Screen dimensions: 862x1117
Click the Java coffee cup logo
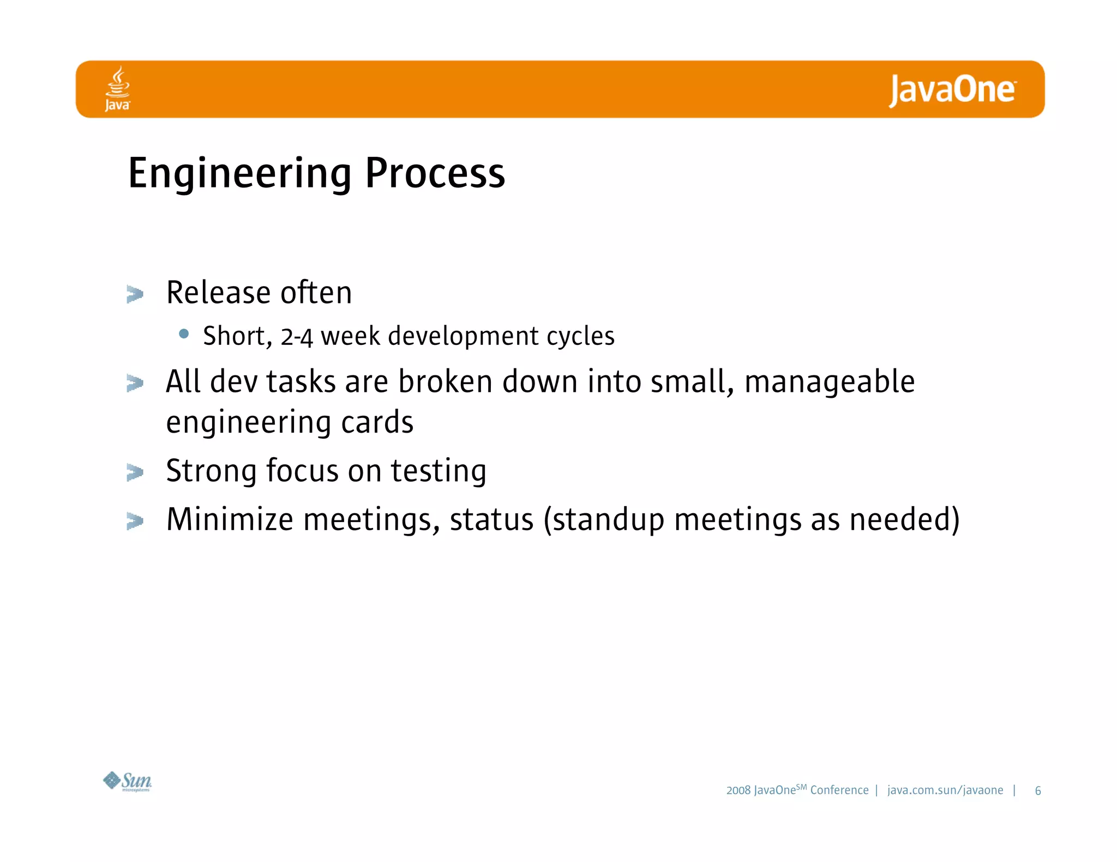pos(118,88)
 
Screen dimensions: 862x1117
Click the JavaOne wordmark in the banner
pos(952,90)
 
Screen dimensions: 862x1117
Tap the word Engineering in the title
pos(239,173)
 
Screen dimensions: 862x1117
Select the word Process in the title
pos(435,173)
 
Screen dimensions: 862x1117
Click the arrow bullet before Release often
pos(135,294)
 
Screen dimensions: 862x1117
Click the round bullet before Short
pos(184,333)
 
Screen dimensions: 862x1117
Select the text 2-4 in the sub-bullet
pos(297,336)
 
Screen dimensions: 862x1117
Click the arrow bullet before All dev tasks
pos(135,383)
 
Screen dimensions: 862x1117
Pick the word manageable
pos(829,382)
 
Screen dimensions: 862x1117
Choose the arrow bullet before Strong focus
pos(135,472)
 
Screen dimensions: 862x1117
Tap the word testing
pos(438,471)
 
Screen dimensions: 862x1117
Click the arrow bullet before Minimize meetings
pos(135,521)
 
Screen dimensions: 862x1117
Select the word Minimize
pos(230,519)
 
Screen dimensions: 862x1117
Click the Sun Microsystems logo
pos(128,781)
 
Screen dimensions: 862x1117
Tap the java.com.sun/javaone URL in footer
pos(945,790)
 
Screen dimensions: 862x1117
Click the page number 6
pos(1037,791)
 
